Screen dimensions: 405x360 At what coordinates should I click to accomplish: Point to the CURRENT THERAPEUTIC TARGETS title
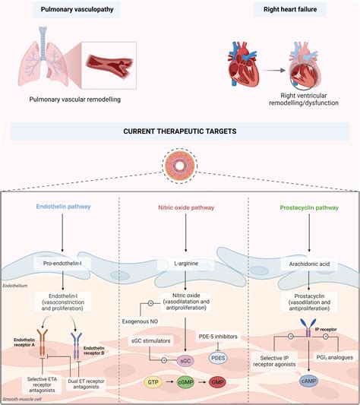coord(180,131)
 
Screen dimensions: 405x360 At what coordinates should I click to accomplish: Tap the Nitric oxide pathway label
coord(180,207)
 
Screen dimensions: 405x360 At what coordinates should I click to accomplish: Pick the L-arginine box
coord(180,262)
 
